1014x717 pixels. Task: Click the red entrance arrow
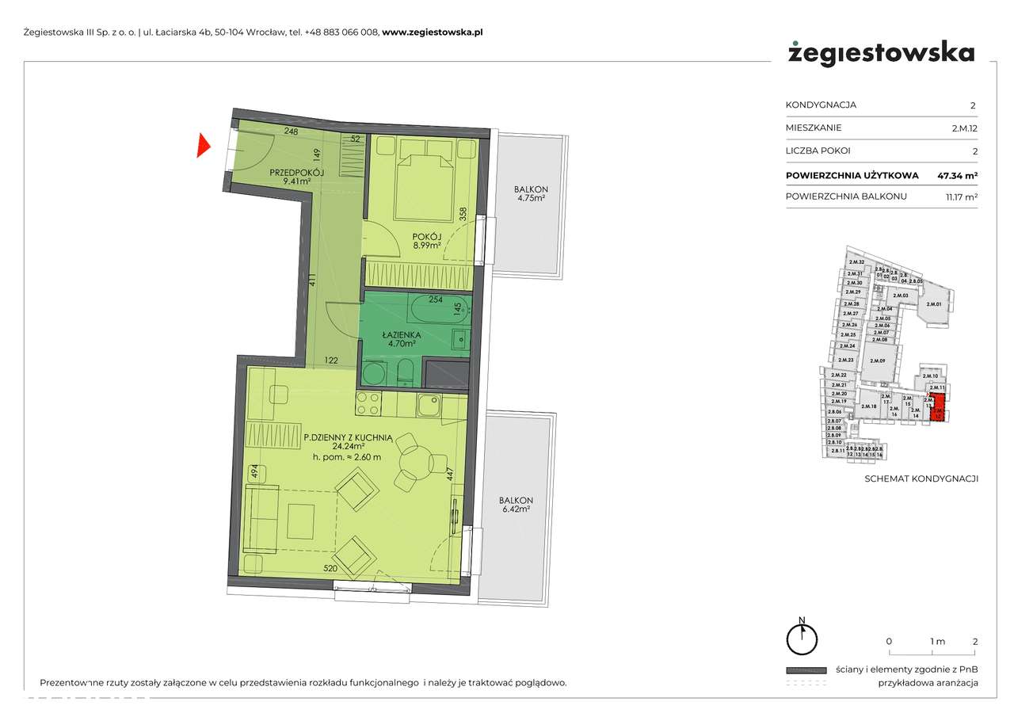pyautogui.click(x=203, y=147)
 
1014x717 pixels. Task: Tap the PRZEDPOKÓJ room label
pyautogui.click(x=296, y=173)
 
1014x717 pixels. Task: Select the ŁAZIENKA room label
pyautogui.click(x=398, y=335)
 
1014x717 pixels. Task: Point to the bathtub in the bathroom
pyautogui.click(x=436, y=309)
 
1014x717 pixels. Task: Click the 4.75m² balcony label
pyautogui.click(x=530, y=194)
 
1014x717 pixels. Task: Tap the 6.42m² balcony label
pyautogui.click(x=516, y=505)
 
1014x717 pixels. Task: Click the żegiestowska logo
pyautogui.click(x=881, y=54)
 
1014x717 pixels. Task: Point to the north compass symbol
pyautogui.click(x=802, y=636)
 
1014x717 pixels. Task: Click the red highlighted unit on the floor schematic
pyautogui.click(x=938, y=408)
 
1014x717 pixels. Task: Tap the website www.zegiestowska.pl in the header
pyautogui.click(x=433, y=32)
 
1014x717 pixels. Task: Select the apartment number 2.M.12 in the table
pyautogui.click(x=964, y=128)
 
